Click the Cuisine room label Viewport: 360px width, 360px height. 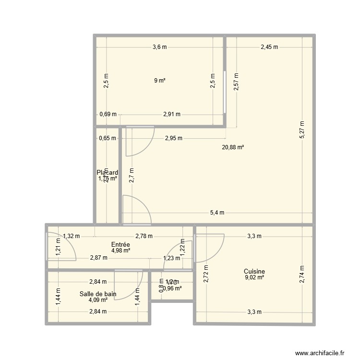pyautogui.click(x=254, y=271)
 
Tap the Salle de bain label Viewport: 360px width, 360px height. pyautogui.click(x=98, y=294)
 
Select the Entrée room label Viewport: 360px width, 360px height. pyautogui.click(x=120, y=244)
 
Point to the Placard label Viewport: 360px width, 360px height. pyautogui.click(x=107, y=173)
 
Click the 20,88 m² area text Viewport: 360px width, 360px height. pyautogui.click(x=233, y=147)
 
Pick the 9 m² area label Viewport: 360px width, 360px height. pyautogui.click(x=159, y=81)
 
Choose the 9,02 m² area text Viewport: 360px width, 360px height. pyautogui.click(x=254, y=277)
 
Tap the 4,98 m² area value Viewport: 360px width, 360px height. pyautogui.click(x=120, y=250)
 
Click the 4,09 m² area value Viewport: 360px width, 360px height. pyautogui.click(x=98, y=300)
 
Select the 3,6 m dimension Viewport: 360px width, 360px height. pyautogui.click(x=159, y=47)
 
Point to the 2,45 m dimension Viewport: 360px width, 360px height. pyautogui.click(x=269, y=47)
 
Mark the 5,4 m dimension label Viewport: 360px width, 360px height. pyautogui.click(x=216, y=213)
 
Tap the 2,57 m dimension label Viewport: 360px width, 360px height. pyautogui.click(x=236, y=83)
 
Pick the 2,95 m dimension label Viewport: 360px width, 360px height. pyautogui.click(x=173, y=138)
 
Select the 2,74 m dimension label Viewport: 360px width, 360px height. pyautogui.click(x=301, y=275)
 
